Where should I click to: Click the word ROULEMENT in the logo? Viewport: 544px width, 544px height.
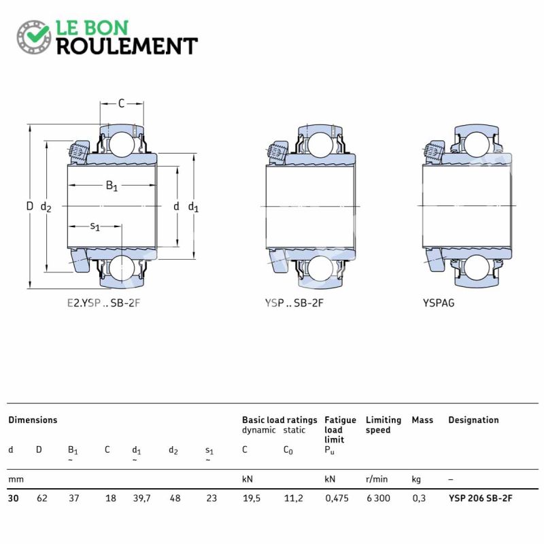pos(127,46)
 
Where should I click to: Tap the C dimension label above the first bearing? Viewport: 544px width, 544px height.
pos(121,103)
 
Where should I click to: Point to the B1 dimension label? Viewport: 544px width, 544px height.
pos(112,186)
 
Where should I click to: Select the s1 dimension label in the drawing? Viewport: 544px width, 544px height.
pos(95,226)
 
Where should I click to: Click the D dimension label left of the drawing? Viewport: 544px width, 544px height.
pos(30,206)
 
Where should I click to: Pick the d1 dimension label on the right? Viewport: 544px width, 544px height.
pos(193,207)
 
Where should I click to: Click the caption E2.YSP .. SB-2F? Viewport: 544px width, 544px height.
pos(103,303)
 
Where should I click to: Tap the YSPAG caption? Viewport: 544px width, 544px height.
pos(439,303)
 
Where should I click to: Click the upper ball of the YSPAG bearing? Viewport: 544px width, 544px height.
pos(477,144)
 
